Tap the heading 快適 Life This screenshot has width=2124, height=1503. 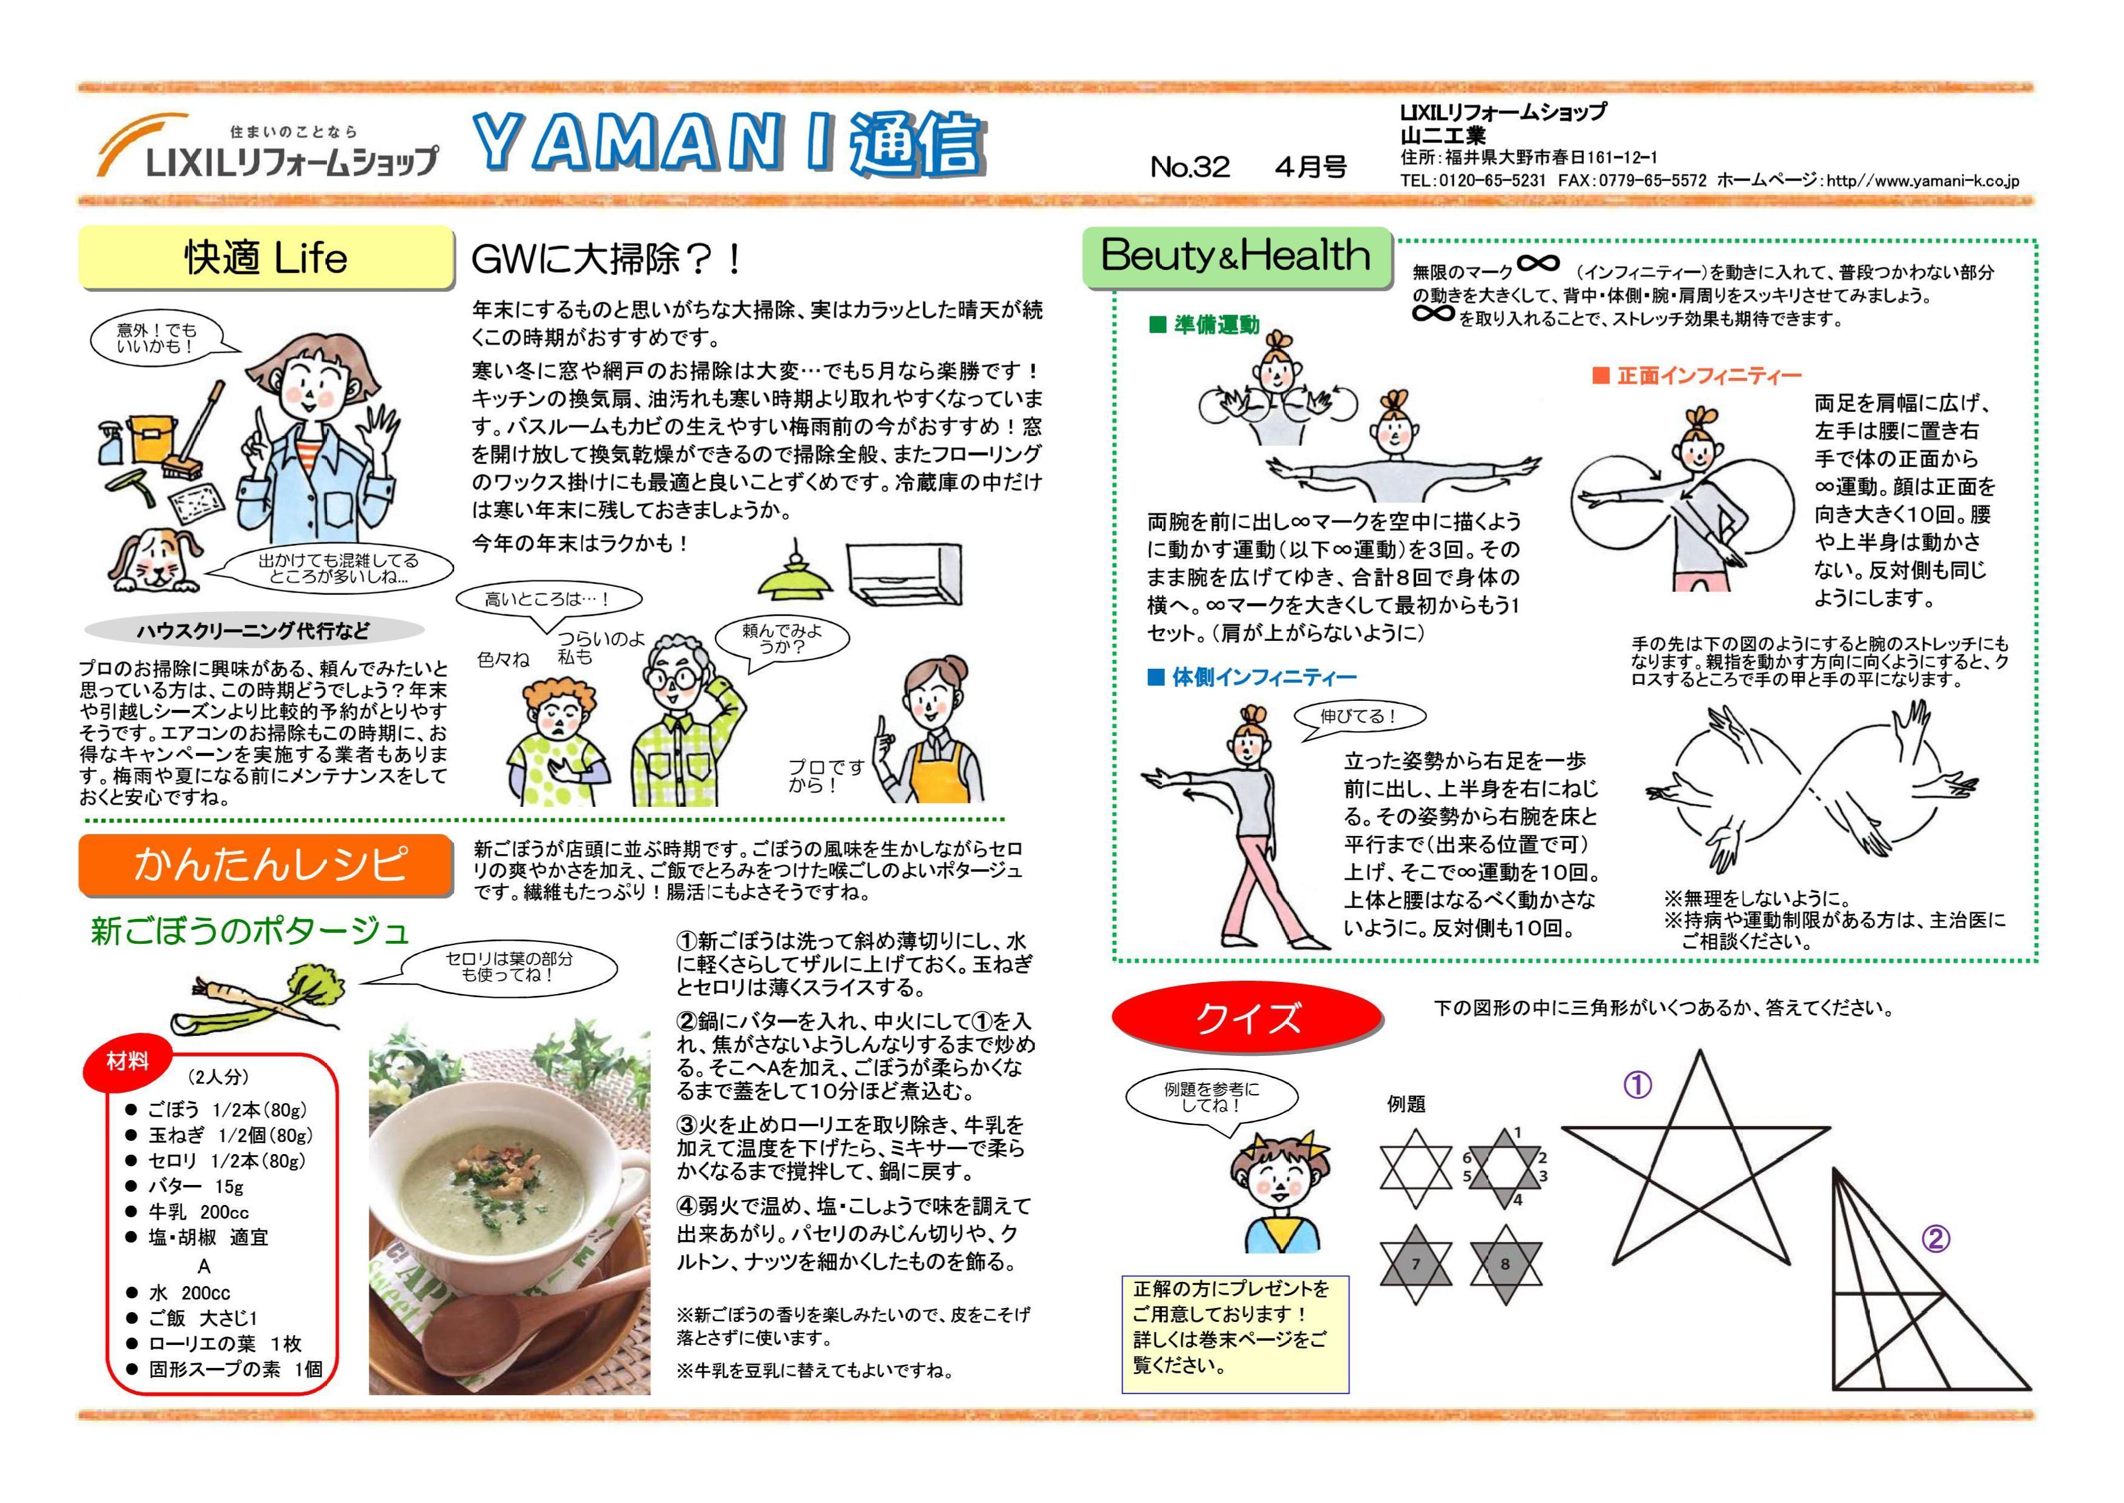[x=265, y=258]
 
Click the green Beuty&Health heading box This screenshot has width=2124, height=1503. [x=1237, y=256]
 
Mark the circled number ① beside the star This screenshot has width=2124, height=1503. [x=1637, y=1084]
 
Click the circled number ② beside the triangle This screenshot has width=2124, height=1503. [x=1936, y=1238]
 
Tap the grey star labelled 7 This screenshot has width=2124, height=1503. [x=1416, y=1264]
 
